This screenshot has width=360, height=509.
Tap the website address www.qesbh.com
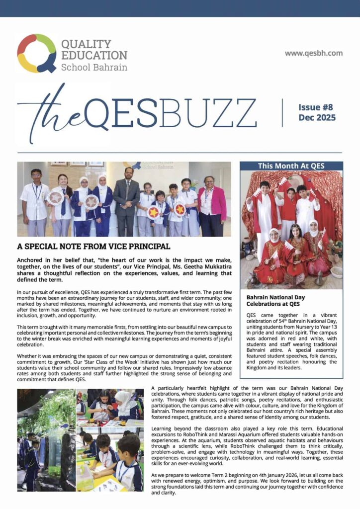coord(313,53)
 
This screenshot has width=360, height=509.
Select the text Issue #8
coord(316,107)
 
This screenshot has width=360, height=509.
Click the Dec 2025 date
coord(317,118)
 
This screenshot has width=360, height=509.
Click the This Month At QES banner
coord(291,166)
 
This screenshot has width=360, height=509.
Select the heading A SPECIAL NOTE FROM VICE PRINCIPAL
coord(93,246)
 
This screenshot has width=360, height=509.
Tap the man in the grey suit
coord(126,199)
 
